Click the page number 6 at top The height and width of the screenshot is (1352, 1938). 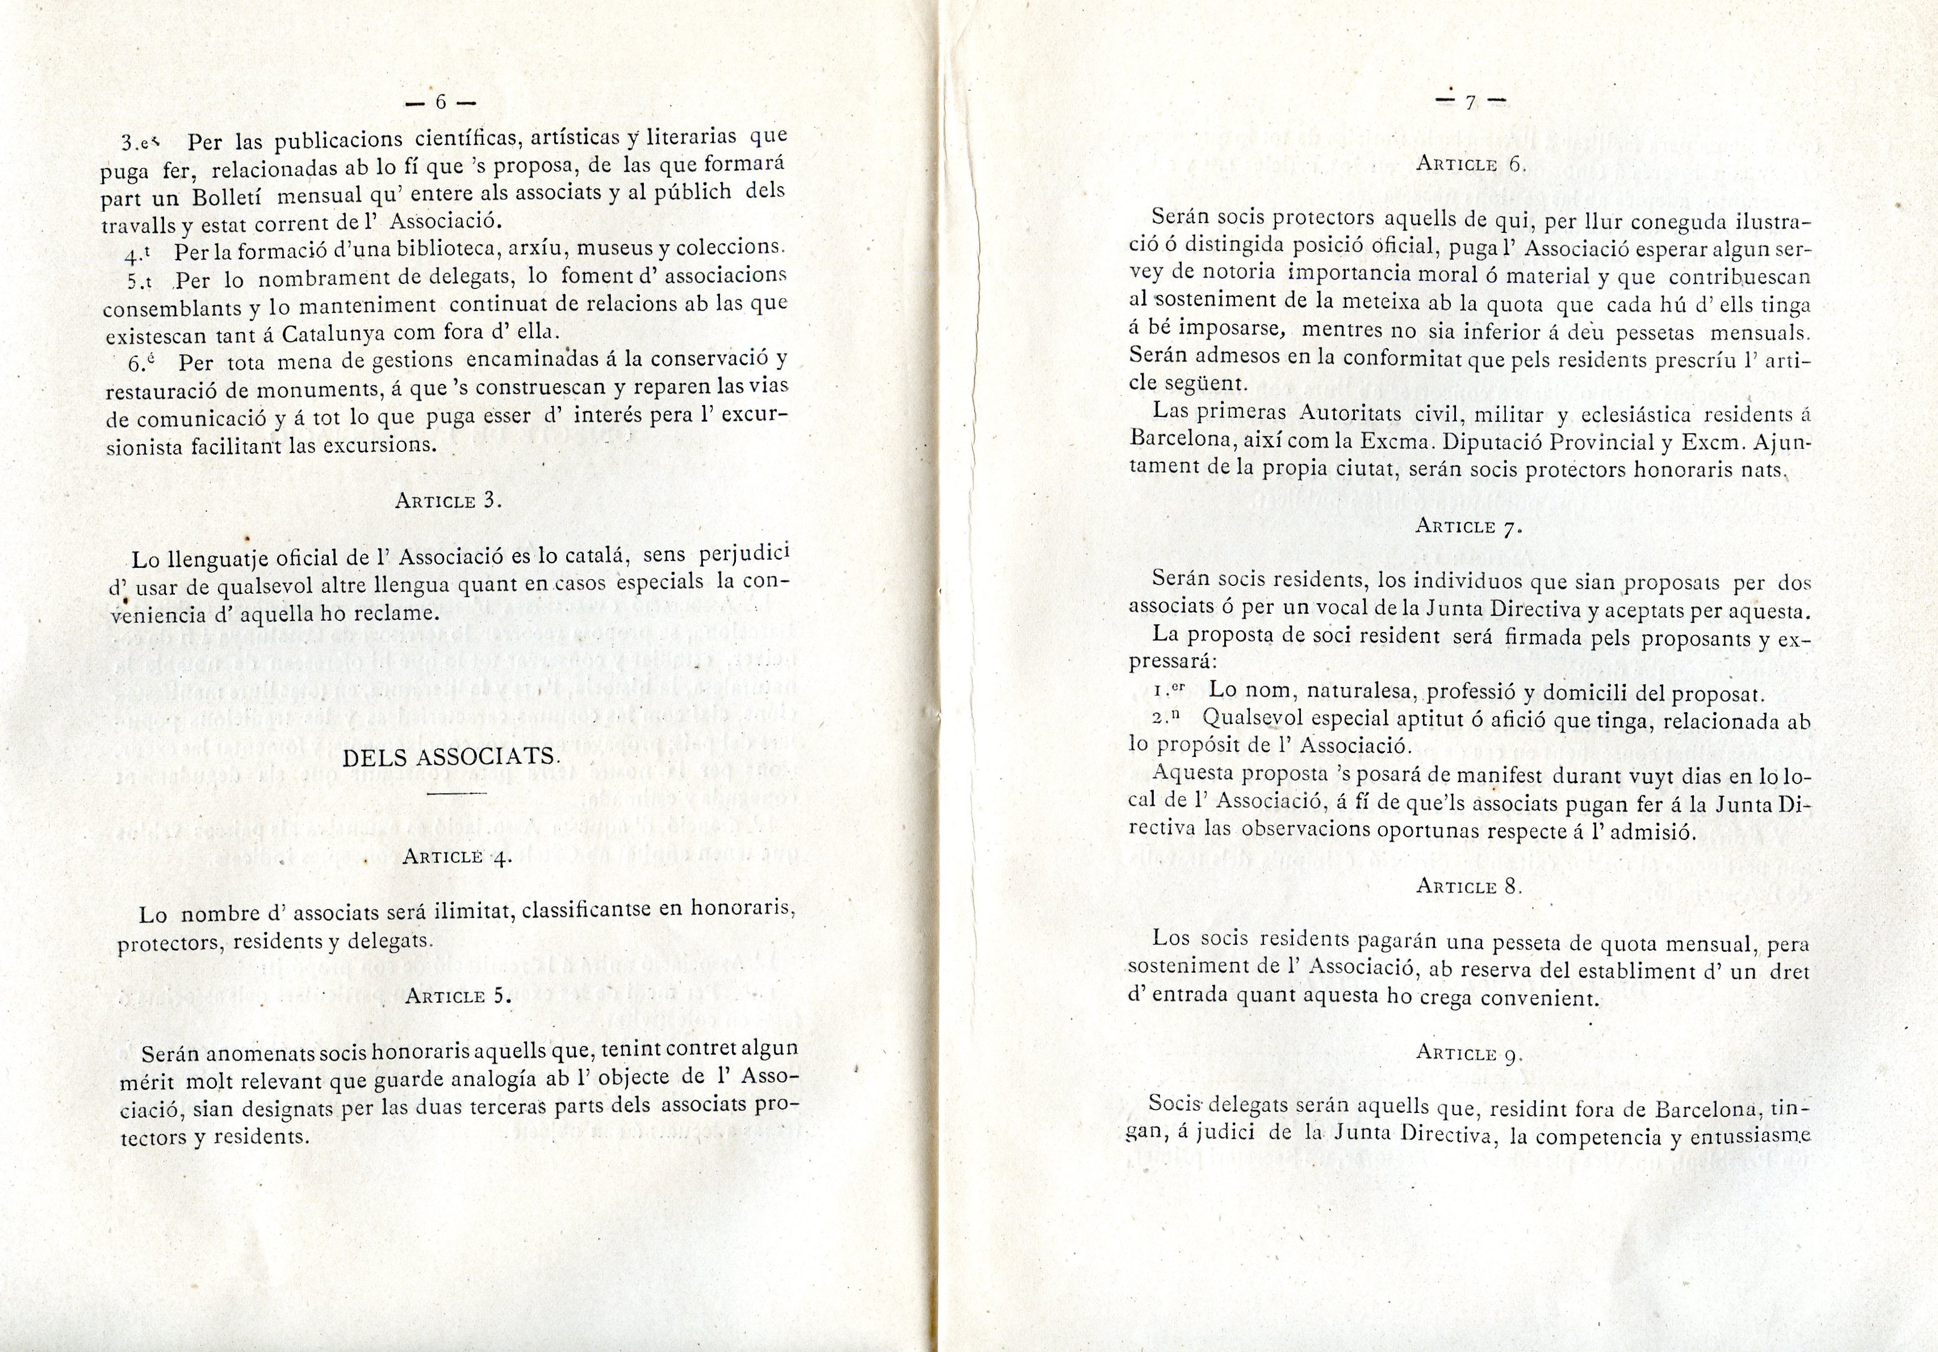[x=439, y=102]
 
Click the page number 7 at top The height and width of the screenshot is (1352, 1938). [x=1470, y=103]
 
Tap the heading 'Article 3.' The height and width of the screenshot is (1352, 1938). [x=448, y=500]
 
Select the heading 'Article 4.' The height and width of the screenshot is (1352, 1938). [x=457, y=857]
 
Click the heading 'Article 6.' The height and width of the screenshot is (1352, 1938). [x=1470, y=165]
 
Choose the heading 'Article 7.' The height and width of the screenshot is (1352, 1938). [x=1469, y=526]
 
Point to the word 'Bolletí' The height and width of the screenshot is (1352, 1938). [x=229, y=196]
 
